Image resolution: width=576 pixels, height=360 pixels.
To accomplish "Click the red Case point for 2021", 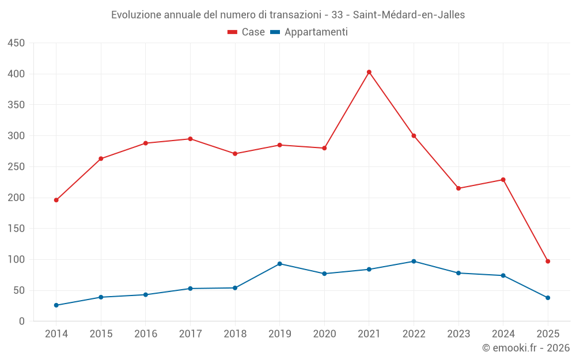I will coord(369,72).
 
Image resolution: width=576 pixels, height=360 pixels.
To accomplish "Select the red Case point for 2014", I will coord(56,200).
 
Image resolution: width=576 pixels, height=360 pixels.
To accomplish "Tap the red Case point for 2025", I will coord(548,262).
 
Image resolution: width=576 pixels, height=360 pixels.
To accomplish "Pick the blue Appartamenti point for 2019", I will coord(279,264).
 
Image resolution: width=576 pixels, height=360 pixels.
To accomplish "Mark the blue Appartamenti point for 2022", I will coord(414,262).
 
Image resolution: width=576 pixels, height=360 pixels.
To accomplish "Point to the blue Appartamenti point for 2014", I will coord(56,305).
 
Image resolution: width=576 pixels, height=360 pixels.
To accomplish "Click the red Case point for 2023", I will coord(458,188).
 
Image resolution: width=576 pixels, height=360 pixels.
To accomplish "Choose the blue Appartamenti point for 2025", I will coord(548,298).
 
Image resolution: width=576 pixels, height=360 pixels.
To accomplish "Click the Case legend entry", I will coord(247,32).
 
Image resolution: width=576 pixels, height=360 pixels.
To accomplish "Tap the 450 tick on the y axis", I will coord(16,43).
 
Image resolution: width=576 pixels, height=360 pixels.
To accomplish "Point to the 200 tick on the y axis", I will coord(16,198).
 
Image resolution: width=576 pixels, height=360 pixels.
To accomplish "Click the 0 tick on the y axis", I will coord(21,321).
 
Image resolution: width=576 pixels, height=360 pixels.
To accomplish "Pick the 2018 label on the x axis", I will coord(235,334).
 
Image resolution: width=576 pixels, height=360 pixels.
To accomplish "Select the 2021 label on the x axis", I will coord(369,334).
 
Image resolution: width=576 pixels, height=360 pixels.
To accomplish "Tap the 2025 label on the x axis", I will coord(548,334).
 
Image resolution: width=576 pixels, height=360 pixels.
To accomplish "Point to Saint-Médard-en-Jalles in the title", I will coord(408,15).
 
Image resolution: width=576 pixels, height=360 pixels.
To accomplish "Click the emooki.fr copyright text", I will coord(526,348).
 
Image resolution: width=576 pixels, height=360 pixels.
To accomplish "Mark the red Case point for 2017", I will coord(190,139).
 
